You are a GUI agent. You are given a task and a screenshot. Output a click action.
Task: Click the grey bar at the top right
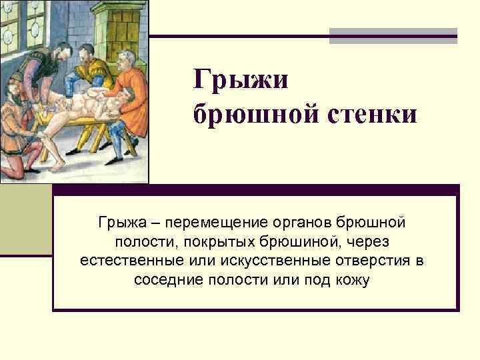(x=393, y=35)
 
